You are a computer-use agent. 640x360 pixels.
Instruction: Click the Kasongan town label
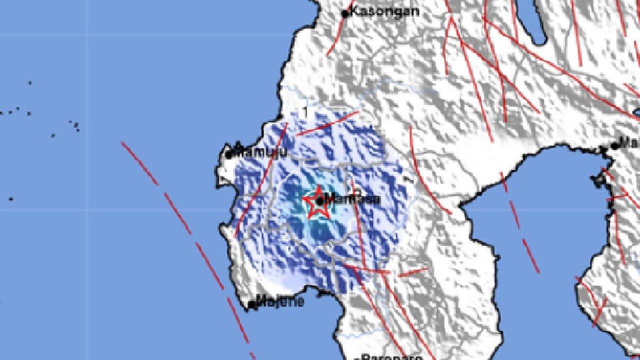tap(384, 11)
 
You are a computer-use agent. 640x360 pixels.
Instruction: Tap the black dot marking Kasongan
tap(345, 14)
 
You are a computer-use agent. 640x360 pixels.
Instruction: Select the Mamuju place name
tap(260, 151)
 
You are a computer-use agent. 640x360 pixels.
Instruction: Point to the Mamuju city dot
tap(228, 155)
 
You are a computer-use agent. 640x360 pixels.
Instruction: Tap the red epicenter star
tap(317, 202)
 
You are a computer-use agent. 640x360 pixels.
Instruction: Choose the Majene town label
tap(279, 301)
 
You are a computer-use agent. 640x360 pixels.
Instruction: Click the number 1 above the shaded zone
tap(305, 111)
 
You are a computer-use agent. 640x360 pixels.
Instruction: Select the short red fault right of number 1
tap(327, 123)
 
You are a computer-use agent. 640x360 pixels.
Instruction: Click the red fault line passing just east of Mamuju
tap(260, 180)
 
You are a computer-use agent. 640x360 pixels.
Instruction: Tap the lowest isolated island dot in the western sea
tap(10, 199)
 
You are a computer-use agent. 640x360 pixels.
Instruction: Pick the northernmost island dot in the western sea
tap(29, 83)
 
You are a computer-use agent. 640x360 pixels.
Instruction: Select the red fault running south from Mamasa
tap(358, 225)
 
